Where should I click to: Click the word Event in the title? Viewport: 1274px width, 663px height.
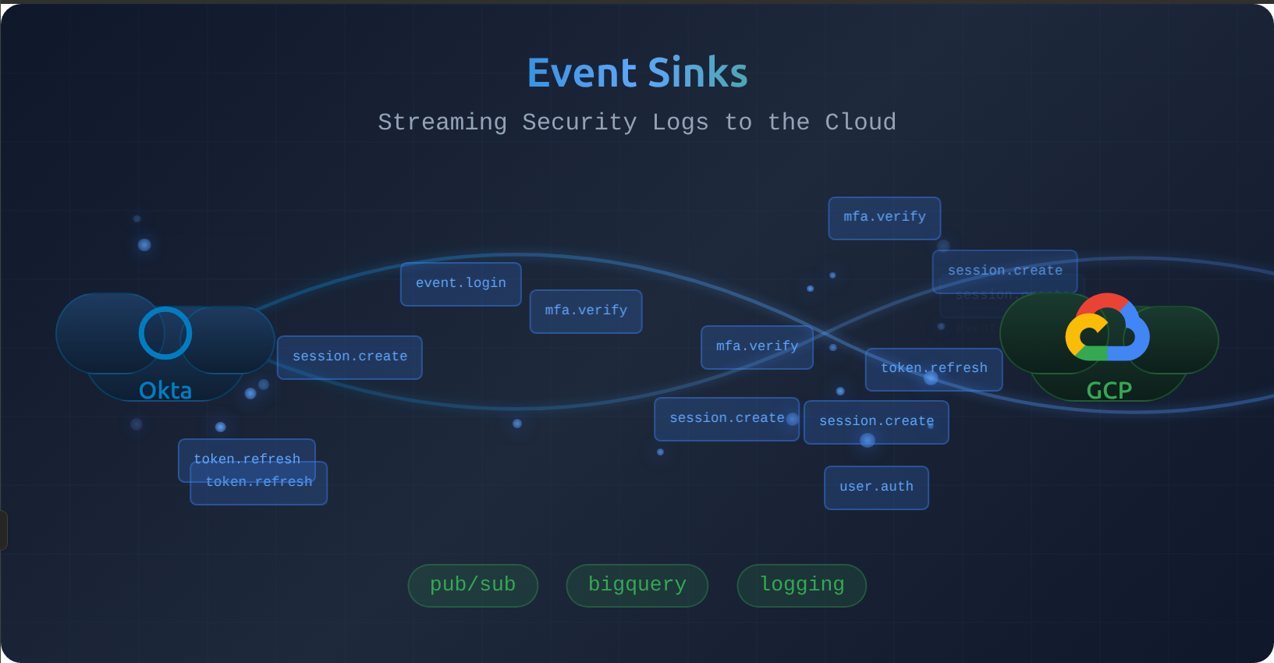click(x=582, y=73)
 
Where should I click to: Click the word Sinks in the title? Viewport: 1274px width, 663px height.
click(x=697, y=73)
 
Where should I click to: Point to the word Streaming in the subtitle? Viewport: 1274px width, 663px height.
click(x=442, y=122)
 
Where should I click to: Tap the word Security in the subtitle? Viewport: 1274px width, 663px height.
click(x=579, y=122)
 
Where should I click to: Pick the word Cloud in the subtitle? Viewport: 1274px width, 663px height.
click(x=861, y=122)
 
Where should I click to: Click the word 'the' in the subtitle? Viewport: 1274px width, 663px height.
click(x=788, y=122)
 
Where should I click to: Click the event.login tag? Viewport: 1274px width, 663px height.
click(x=460, y=284)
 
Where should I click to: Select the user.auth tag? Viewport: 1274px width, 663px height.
click(x=876, y=487)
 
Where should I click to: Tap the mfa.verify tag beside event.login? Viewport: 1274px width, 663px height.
click(x=586, y=311)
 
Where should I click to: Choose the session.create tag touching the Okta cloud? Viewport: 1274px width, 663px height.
click(x=350, y=357)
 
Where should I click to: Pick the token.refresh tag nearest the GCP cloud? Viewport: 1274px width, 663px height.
click(x=934, y=369)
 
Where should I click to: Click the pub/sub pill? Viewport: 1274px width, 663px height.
click(x=473, y=585)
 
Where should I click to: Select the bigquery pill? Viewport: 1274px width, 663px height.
click(x=637, y=585)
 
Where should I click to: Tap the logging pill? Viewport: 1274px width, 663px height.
click(x=801, y=585)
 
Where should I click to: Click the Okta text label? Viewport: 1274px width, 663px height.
click(x=165, y=390)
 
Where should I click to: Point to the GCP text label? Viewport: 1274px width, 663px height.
click(x=1109, y=390)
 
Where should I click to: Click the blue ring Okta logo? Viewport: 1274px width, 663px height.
click(x=165, y=333)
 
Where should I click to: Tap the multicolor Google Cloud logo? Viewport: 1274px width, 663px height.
click(x=1107, y=328)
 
